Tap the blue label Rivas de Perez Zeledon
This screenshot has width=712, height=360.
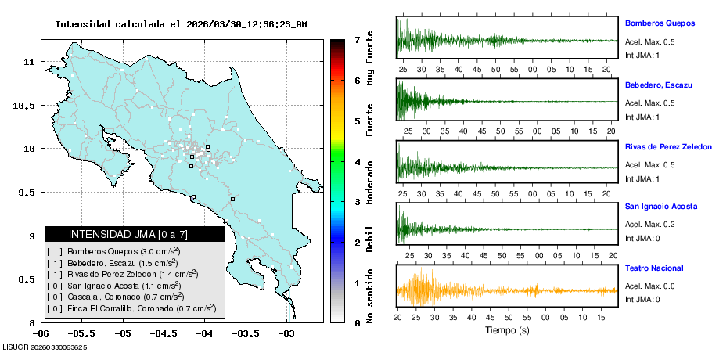click(668, 146)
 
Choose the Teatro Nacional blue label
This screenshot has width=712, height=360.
click(654, 268)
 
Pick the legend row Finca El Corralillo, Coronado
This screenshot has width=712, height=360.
click(131, 308)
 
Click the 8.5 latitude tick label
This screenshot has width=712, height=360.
click(27, 279)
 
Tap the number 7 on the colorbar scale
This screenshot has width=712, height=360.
click(357, 39)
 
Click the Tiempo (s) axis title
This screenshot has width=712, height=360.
click(507, 330)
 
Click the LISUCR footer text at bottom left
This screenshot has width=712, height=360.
click(45, 347)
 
